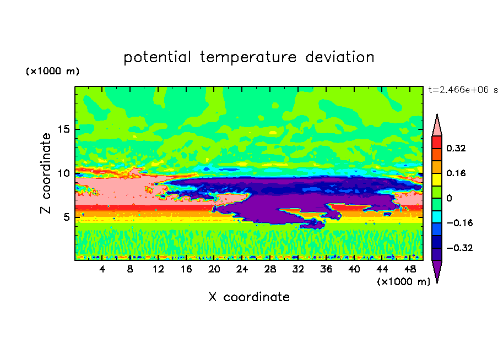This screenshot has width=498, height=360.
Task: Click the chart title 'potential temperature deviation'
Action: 248,57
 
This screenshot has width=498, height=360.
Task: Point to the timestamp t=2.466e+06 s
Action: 462,89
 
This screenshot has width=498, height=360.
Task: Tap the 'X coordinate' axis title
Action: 249,297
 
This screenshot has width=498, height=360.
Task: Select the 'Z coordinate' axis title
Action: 46,173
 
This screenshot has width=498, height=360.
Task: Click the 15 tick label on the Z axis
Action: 63,129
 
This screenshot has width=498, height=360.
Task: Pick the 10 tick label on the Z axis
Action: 63,173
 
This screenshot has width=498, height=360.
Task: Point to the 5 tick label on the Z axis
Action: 66,217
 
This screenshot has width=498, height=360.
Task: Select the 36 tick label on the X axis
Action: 326,269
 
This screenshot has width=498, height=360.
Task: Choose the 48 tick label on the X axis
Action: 410,269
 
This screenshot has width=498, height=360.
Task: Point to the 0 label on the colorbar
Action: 449,198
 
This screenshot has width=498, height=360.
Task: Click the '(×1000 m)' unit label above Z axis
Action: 53,72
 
